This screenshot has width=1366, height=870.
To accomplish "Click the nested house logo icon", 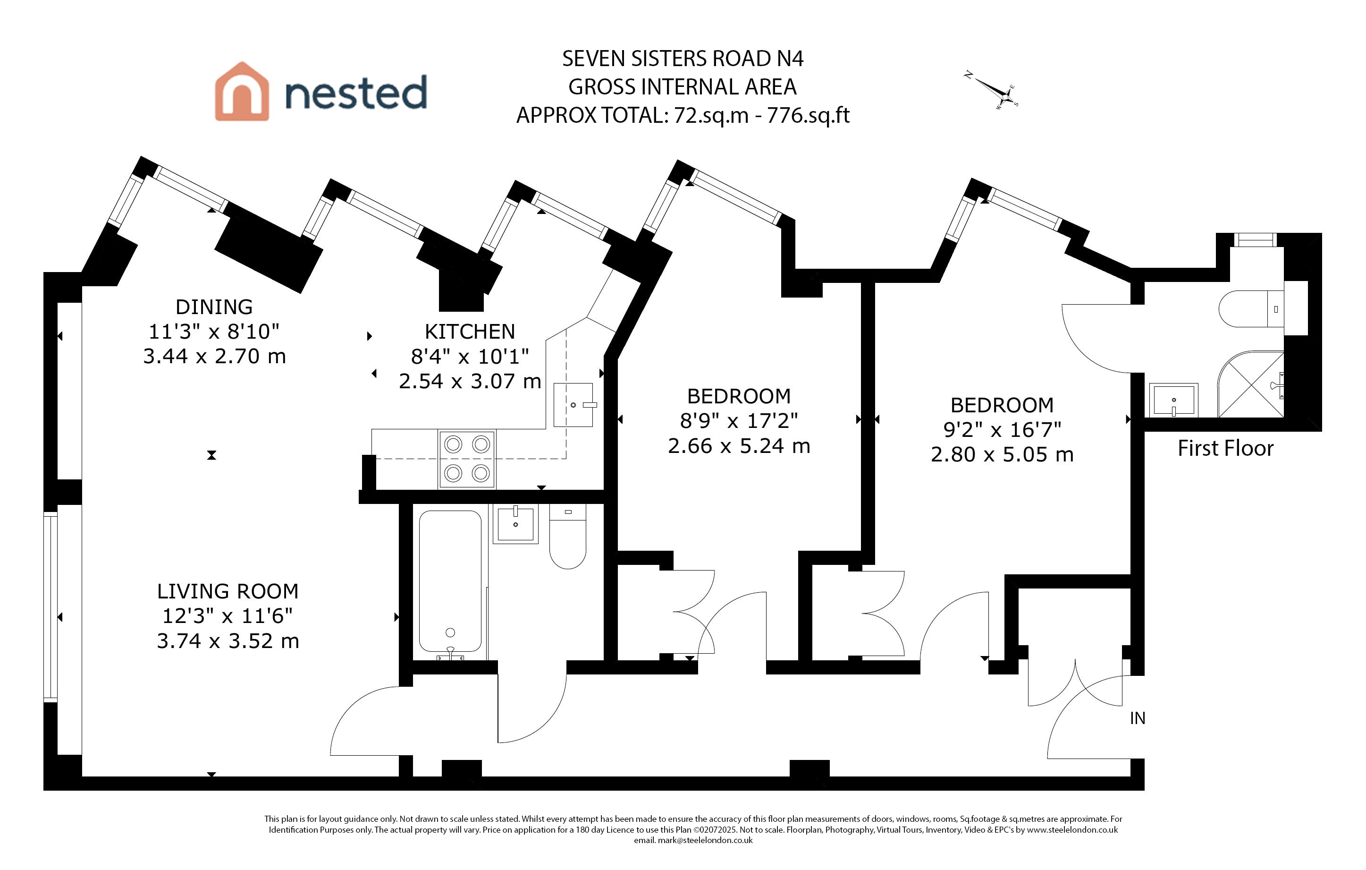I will tap(242, 92).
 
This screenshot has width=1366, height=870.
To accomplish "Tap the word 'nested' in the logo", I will tap(356, 93).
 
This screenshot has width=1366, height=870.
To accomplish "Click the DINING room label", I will tap(214, 307).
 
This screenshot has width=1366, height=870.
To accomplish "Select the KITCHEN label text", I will tap(470, 332).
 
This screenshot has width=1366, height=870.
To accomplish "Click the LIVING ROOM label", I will tap(228, 591).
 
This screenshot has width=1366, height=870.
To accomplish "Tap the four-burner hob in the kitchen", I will tap(467, 459).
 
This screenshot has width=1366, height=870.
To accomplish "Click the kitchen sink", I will tap(573, 405).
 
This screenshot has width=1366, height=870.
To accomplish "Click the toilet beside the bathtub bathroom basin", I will tap(568, 537).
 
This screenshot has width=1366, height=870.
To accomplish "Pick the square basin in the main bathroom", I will tap(515, 524).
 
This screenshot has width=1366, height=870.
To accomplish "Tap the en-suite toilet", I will tap(1250, 309).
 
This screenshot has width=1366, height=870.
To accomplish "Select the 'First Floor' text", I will tap(1225, 448).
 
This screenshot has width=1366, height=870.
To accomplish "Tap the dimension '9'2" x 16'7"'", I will tap(1002, 430).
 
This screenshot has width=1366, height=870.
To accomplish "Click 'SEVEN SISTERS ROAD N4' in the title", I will tap(683, 59).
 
